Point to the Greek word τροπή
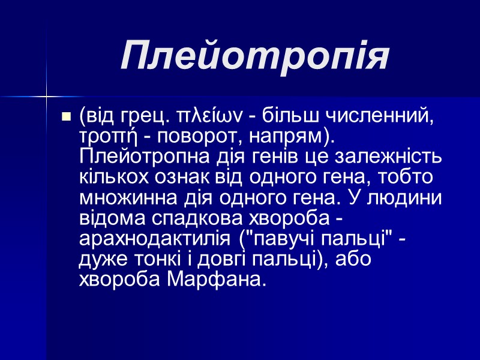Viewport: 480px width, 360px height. pos(104,136)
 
